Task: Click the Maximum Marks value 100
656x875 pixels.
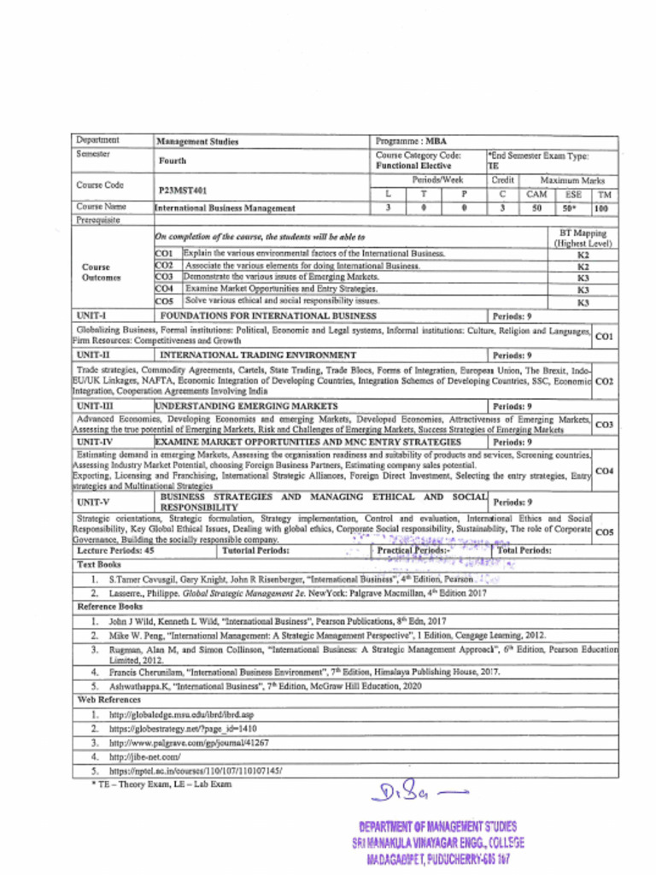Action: [x=601, y=207]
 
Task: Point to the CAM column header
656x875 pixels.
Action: [x=536, y=194]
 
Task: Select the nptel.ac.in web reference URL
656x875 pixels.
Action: [x=196, y=770]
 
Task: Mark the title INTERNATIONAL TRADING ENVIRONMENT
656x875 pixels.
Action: [x=258, y=354]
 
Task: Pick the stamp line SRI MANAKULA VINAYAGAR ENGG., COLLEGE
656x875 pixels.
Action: [x=438, y=843]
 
